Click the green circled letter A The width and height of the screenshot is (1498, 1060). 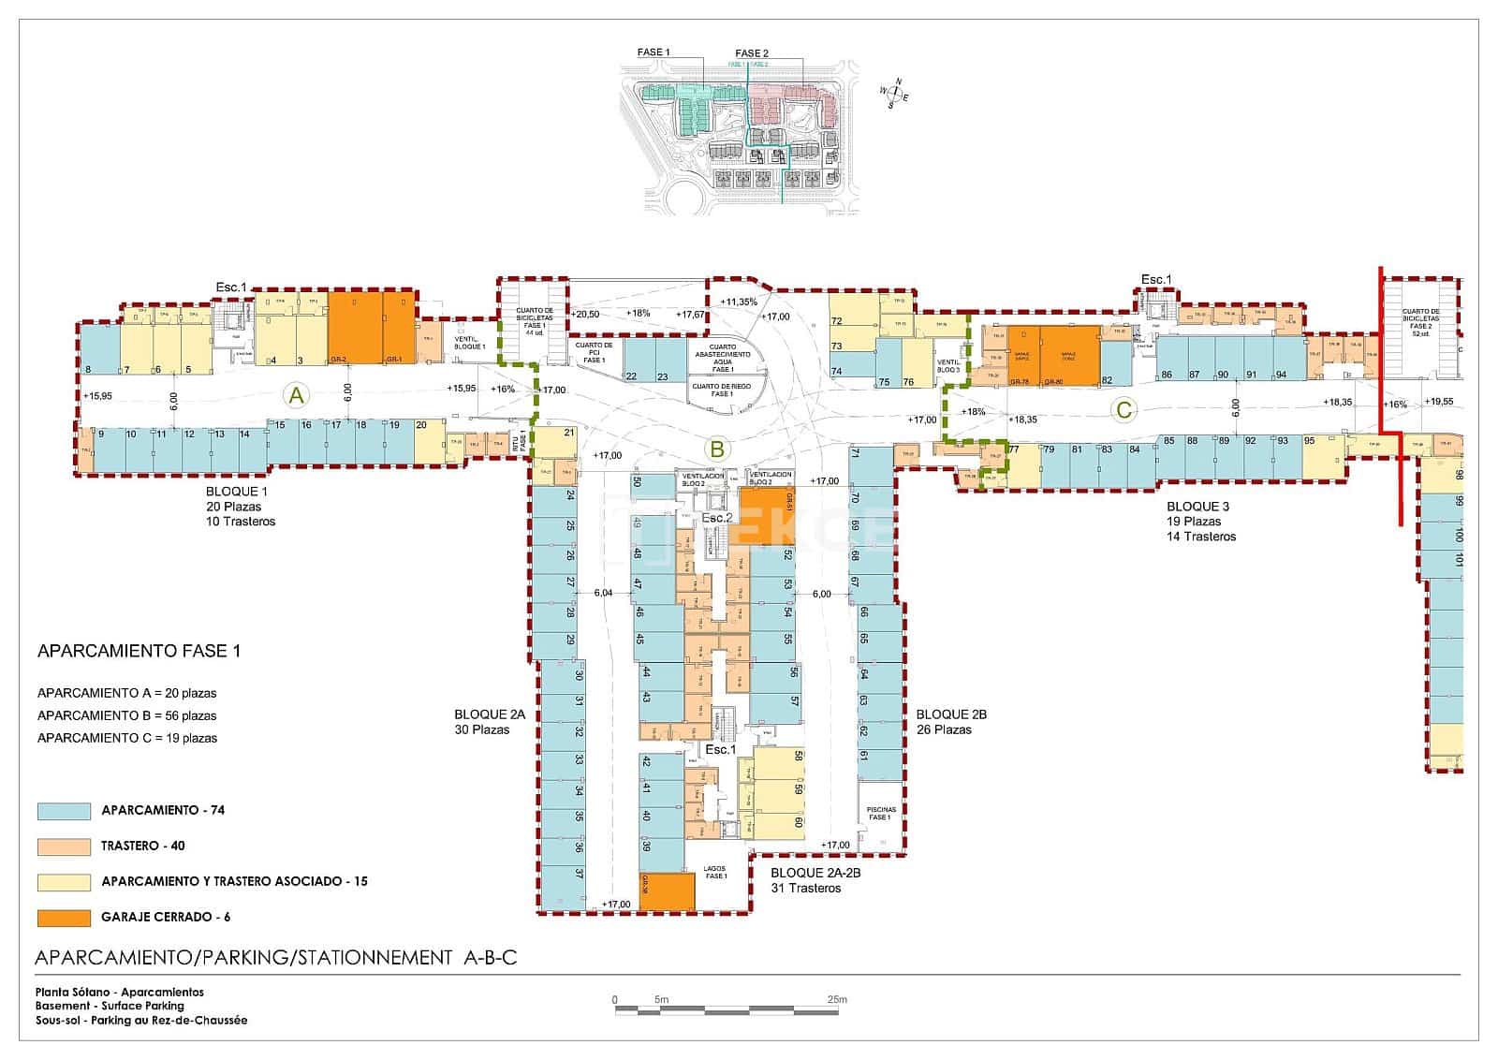(x=296, y=396)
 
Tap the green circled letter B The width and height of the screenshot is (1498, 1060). (x=716, y=449)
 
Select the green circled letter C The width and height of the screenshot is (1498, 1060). (x=1123, y=409)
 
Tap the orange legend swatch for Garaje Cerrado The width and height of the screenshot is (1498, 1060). (x=64, y=918)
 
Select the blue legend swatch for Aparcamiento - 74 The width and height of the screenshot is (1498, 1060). (x=64, y=811)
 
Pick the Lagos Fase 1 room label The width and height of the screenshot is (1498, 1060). (x=716, y=872)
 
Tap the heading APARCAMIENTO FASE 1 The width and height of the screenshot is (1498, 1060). (x=139, y=651)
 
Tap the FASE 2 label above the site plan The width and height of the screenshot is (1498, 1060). (x=752, y=53)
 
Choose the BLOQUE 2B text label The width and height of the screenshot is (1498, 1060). (x=951, y=714)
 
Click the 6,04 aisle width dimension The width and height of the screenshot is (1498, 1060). (x=603, y=593)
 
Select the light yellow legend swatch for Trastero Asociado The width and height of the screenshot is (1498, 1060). (x=64, y=882)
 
